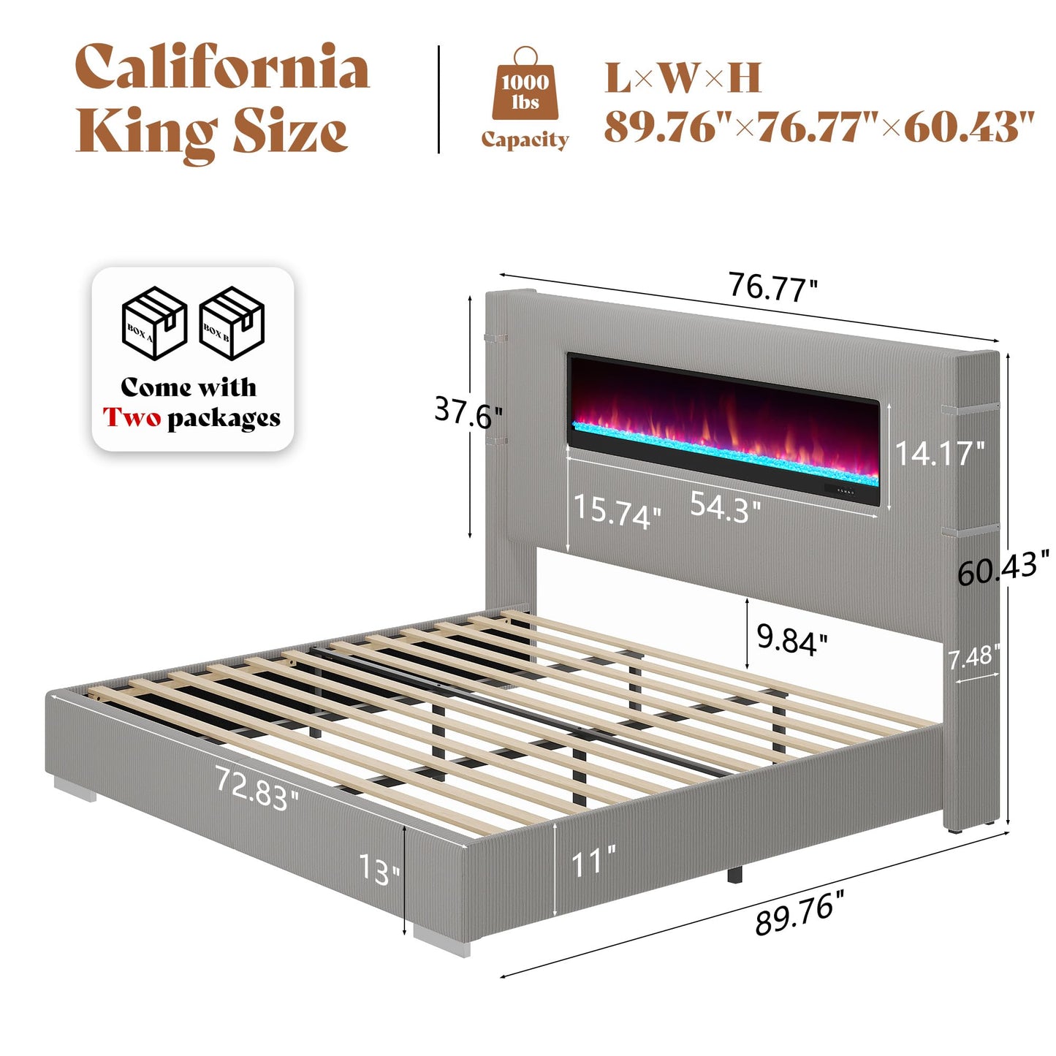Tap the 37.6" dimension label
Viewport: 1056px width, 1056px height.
(x=468, y=412)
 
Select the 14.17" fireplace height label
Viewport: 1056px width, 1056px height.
(x=939, y=453)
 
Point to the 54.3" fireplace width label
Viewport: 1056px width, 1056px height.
(x=725, y=506)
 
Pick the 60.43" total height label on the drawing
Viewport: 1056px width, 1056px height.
(x=1003, y=568)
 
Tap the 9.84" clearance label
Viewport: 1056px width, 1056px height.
(x=791, y=639)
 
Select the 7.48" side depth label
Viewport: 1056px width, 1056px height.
(x=973, y=658)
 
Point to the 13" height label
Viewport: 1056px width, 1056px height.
(x=379, y=869)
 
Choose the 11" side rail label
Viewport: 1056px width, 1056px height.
(x=593, y=863)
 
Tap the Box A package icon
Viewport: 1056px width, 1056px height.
(x=153, y=322)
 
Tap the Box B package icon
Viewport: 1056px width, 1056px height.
(x=232, y=322)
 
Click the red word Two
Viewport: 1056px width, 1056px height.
(x=132, y=418)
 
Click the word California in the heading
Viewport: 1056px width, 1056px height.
(x=222, y=67)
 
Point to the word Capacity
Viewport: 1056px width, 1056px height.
(x=525, y=140)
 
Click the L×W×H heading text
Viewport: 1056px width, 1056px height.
(x=683, y=78)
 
